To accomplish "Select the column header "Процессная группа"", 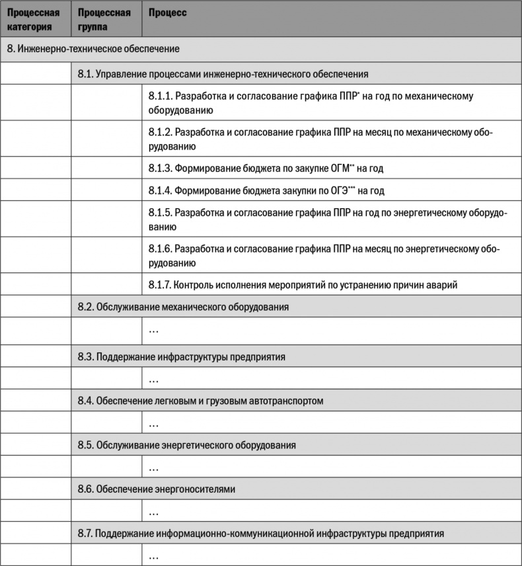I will pyautogui.click(x=104, y=20).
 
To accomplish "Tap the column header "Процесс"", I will pyautogui.click(x=168, y=13).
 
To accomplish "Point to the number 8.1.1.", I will pyautogui.click(x=161, y=96).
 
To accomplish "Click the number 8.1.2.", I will pyautogui.click(x=161, y=132).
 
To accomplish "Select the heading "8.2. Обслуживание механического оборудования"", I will pyautogui.click(x=183, y=307).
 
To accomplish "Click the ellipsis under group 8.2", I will pyautogui.click(x=153, y=329).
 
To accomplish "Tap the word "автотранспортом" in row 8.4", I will pyautogui.click(x=286, y=401).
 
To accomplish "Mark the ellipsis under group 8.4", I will pyautogui.click(x=153, y=423).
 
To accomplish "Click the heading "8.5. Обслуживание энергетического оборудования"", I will pyautogui.click(x=186, y=446).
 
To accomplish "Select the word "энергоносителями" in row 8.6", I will pyautogui.click(x=198, y=490).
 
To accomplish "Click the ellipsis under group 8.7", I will pyautogui.click(x=153, y=556).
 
